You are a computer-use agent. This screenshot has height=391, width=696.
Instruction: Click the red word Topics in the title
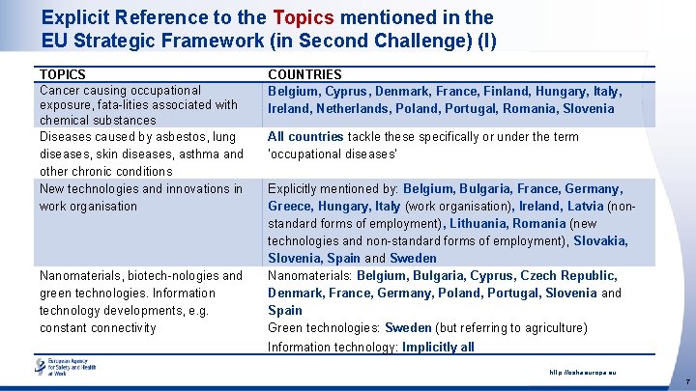pos(304,17)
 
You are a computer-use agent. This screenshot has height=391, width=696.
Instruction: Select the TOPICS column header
pos(63,74)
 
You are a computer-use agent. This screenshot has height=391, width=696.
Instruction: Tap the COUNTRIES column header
pos(304,74)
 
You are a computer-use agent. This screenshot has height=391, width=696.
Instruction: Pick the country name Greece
pos(289,207)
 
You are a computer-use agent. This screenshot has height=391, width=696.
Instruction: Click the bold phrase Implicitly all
pos(438,347)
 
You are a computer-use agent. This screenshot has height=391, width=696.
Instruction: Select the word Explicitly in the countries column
pos(298,189)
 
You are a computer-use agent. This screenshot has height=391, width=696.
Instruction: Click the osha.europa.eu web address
pos(583,372)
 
